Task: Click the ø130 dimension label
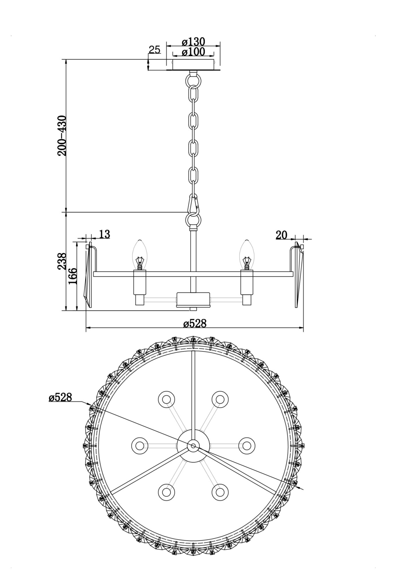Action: [x=193, y=42]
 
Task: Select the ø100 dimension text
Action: [x=193, y=52]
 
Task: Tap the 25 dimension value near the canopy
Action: [x=154, y=50]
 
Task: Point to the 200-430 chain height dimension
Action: [x=62, y=135]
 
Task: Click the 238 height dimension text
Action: [x=62, y=261]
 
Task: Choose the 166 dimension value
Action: [x=73, y=276]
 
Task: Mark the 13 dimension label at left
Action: [x=105, y=234]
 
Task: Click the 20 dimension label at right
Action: [x=281, y=235]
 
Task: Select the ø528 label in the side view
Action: [x=195, y=324]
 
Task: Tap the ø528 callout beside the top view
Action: [x=60, y=397]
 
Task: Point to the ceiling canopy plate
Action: [x=193, y=65]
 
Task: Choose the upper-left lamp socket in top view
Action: [x=166, y=399]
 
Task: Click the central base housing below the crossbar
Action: [x=193, y=299]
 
